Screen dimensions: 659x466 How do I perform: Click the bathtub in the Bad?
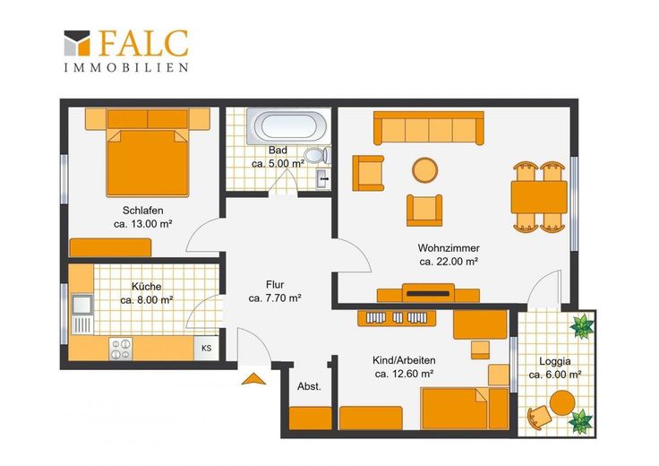click(x=287, y=126)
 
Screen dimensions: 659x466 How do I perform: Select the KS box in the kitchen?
click(x=206, y=349)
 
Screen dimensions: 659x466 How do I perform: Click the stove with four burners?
click(x=121, y=349)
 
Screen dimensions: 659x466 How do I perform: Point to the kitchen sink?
click(x=82, y=305)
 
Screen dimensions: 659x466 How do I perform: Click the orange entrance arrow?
click(x=253, y=378)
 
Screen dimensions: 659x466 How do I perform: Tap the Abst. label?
click(x=309, y=386)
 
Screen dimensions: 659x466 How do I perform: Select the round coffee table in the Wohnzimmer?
click(x=425, y=170)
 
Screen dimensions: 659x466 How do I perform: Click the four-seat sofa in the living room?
click(x=429, y=128)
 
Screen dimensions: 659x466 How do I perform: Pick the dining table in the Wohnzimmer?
click(x=539, y=197)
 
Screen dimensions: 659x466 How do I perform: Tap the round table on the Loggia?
click(x=562, y=402)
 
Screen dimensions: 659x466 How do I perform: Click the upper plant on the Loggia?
click(x=583, y=325)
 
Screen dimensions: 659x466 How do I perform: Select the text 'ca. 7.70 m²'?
click(x=275, y=298)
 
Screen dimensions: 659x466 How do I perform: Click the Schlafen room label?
click(x=143, y=211)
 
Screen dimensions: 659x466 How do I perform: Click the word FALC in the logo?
click(x=143, y=43)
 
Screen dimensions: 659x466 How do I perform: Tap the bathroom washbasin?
click(x=323, y=179)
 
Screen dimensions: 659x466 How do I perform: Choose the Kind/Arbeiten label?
click(x=404, y=360)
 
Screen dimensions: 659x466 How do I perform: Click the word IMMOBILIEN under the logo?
click(x=126, y=68)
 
